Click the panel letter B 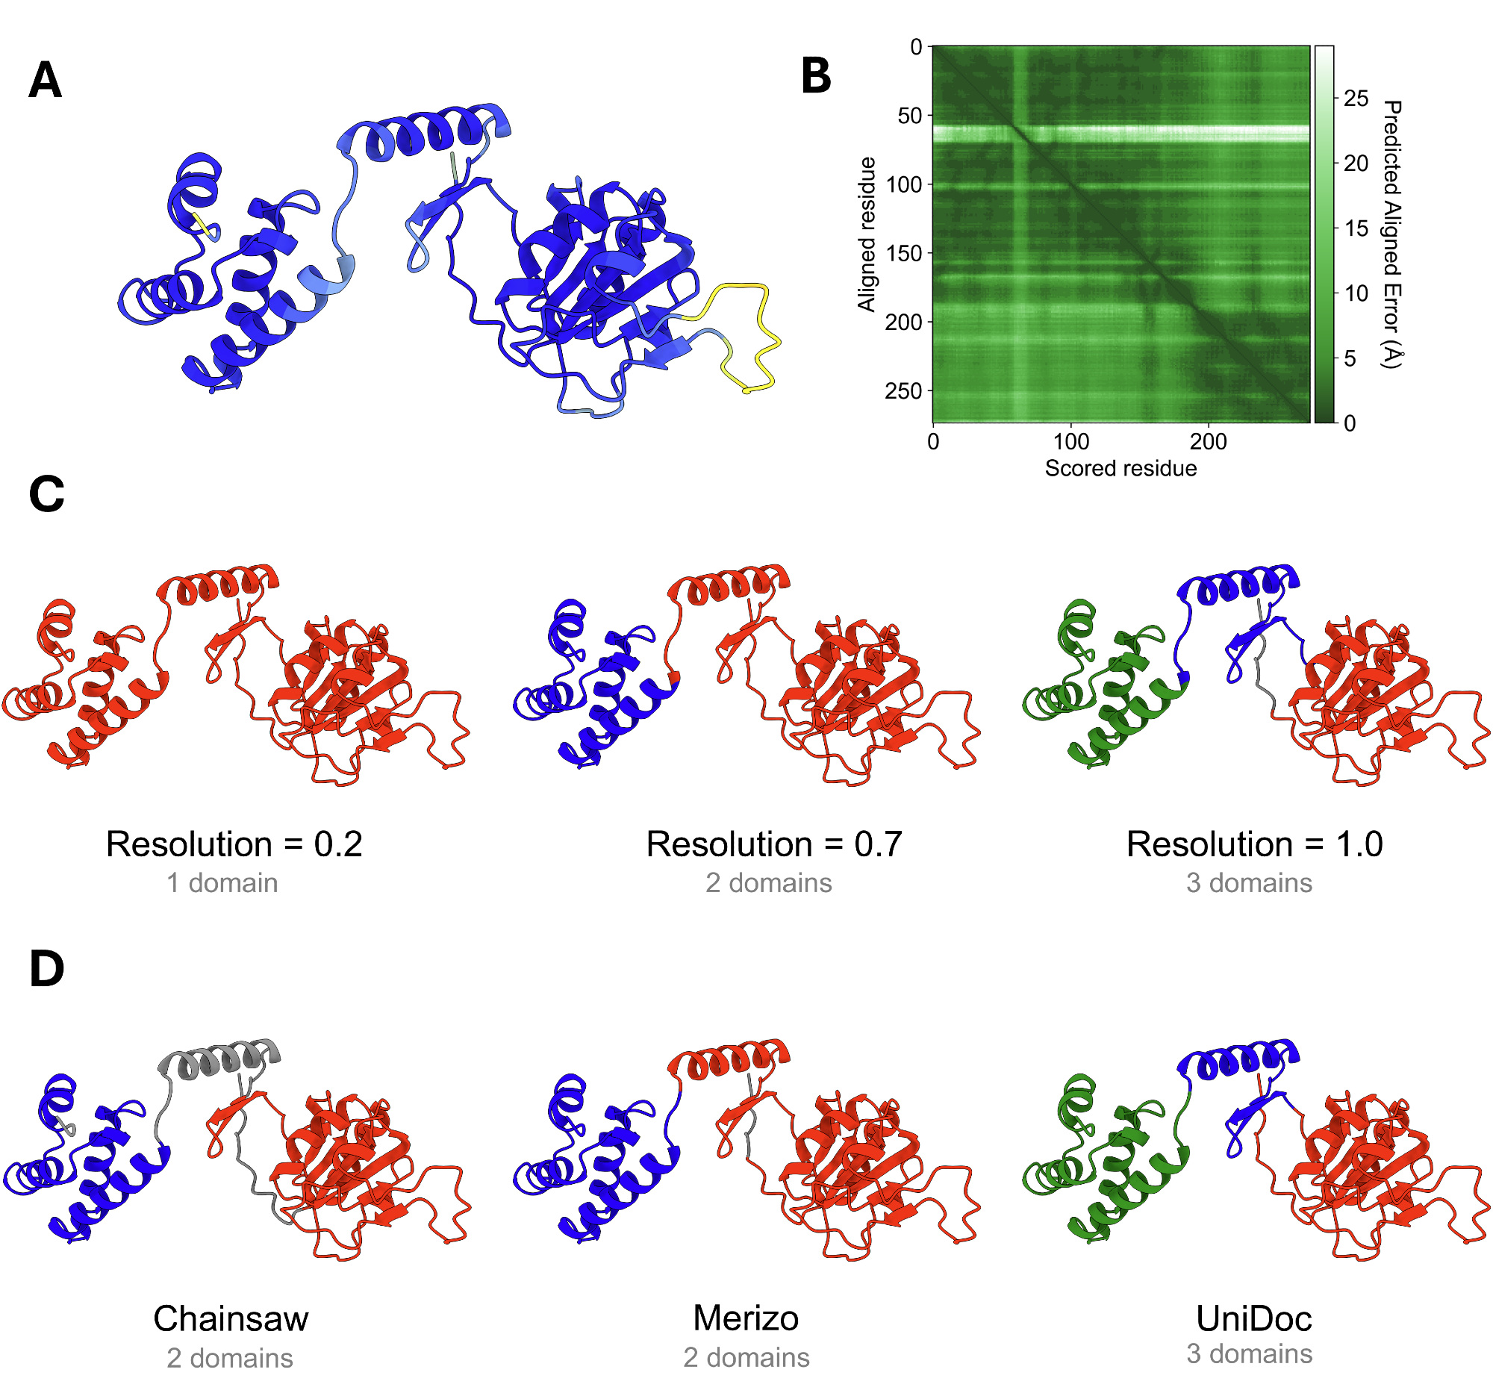coord(817,76)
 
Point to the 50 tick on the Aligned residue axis coord(909,116)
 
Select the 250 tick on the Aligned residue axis coord(903,391)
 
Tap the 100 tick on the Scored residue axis coord(1070,441)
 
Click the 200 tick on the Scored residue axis coord(1208,441)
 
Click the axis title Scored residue coord(1120,469)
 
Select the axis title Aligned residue coord(867,234)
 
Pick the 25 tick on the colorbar coord(1356,99)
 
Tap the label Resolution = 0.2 coord(234,844)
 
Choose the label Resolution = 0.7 coord(773,844)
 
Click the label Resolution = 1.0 coord(1254,844)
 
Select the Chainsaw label coord(231,1318)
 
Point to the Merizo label coord(746,1318)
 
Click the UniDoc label coord(1253,1318)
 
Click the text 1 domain coord(222,883)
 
